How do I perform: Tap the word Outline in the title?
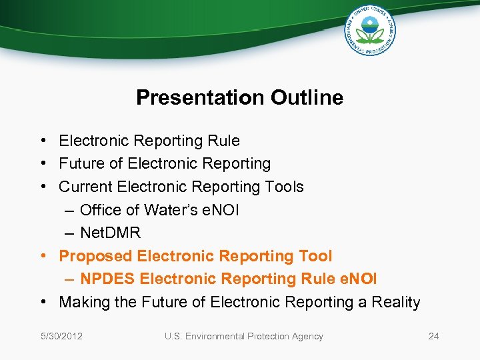pos(307,98)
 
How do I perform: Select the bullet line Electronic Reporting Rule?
pos(149,141)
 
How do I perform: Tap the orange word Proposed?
pos(95,256)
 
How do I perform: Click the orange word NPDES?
pos(104,279)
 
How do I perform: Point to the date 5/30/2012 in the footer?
pos(61,336)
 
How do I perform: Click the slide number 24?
pos(433,336)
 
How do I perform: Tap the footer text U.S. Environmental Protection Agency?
pos(243,336)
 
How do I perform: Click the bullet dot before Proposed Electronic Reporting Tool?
pos(42,256)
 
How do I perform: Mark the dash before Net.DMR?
pos(70,233)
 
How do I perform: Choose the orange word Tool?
pos(315,256)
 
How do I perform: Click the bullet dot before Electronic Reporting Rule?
pos(42,141)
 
